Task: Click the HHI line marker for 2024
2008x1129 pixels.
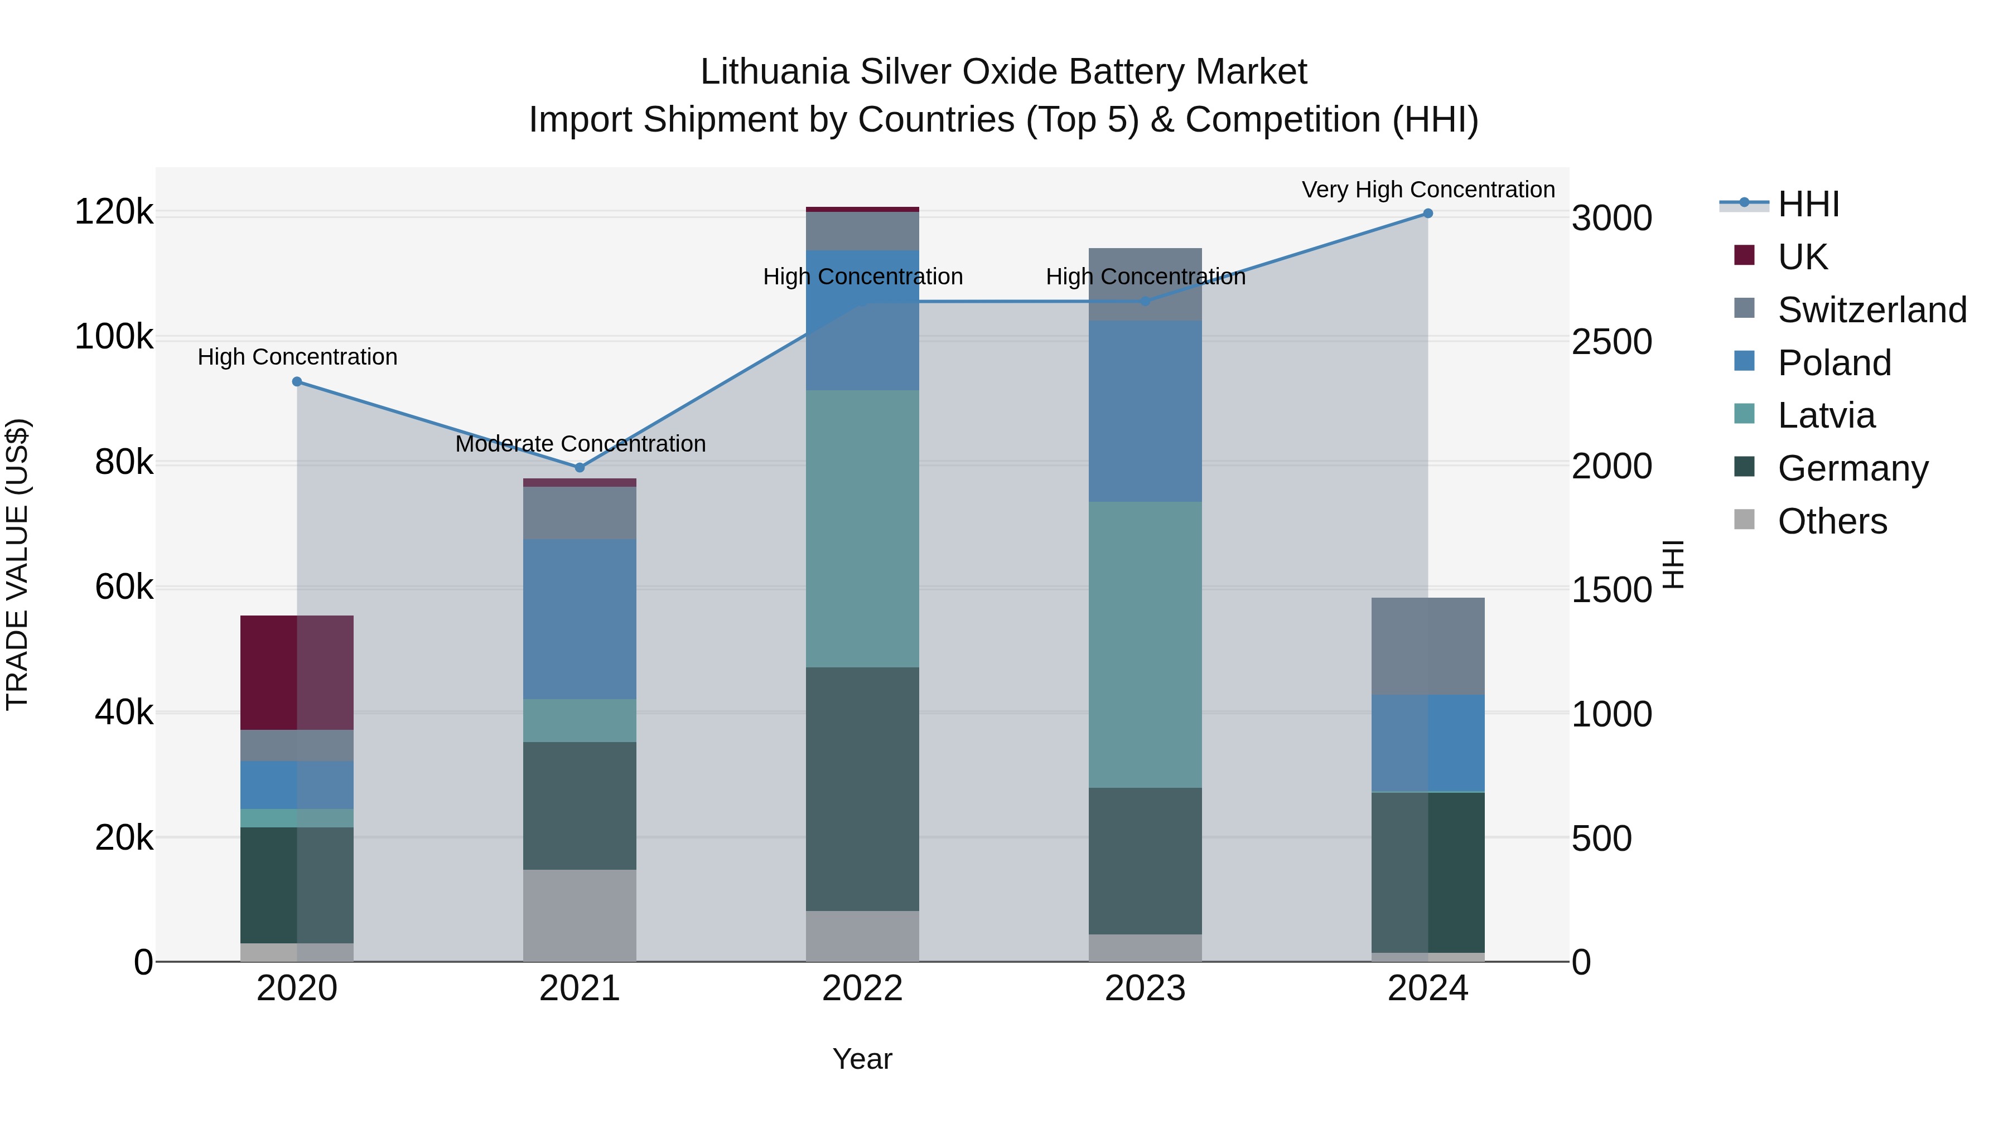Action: (1427, 214)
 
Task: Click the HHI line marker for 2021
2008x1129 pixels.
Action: (579, 468)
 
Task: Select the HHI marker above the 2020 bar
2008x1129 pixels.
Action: (297, 382)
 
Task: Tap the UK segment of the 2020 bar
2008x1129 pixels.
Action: (297, 672)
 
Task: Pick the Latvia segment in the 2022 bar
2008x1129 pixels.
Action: (862, 529)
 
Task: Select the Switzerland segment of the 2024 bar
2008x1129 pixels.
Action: (1427, 646)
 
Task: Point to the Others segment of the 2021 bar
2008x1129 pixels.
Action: (579, 915)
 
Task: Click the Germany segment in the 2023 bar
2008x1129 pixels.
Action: (1145, 860)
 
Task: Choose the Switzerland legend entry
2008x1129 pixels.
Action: (1871, 310)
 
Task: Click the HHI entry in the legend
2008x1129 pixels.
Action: (1808, 204)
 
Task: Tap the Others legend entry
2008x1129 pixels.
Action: (1831, 521)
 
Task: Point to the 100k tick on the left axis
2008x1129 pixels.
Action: (114, 337)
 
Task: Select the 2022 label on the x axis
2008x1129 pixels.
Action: (862, 989)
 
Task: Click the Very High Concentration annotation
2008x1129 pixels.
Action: (1427, 190)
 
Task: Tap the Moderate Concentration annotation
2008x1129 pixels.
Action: (580, 443)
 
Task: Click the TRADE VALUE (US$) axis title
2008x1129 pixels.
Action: (18, 564)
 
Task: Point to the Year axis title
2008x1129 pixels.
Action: (862, 1059)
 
